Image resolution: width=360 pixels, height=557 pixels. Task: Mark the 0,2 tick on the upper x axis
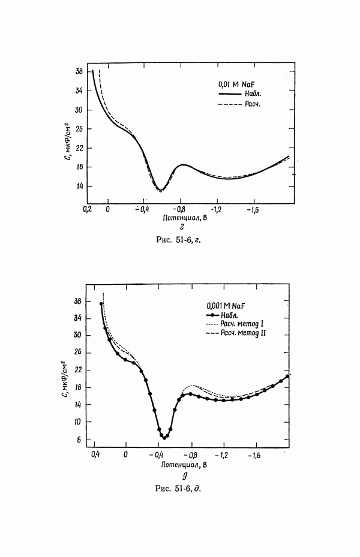click(x=87, y=209)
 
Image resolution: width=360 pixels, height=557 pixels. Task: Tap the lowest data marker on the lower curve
click(x=164, y=438)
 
